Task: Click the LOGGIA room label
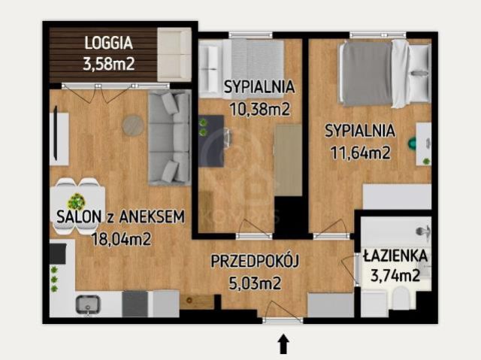coord(110,43)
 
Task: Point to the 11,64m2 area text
coord(359,153)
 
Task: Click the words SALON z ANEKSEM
coord(120,218)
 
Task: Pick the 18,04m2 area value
coord(120,240)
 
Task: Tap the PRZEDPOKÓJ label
coord(256,262)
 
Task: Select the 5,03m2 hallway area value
coord(256,283)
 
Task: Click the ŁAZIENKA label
coord(395,256)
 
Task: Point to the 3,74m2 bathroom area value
coord(395,276)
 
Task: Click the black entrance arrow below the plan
coord(283,344)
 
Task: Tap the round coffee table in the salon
coord(134,125)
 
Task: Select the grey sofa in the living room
coord(168,138)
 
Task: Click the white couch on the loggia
coord(174,54)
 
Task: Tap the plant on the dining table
coord(76,201)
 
